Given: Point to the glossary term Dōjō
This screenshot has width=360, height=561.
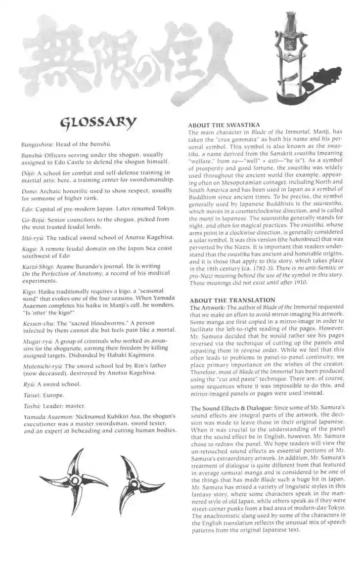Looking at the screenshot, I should (x=28, y=173).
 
